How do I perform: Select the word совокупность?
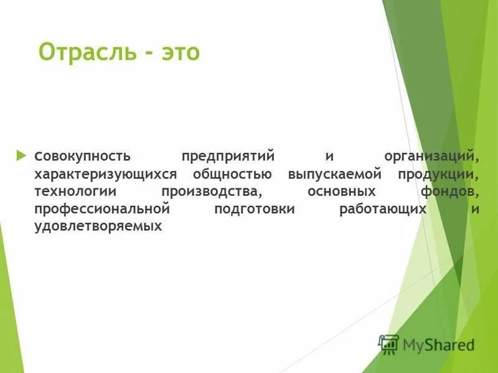point(82,154)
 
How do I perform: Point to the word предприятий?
point(228,154)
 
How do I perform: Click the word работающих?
point(383,210)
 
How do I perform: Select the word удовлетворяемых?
point(98,228)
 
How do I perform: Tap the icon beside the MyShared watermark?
point(389,344)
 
